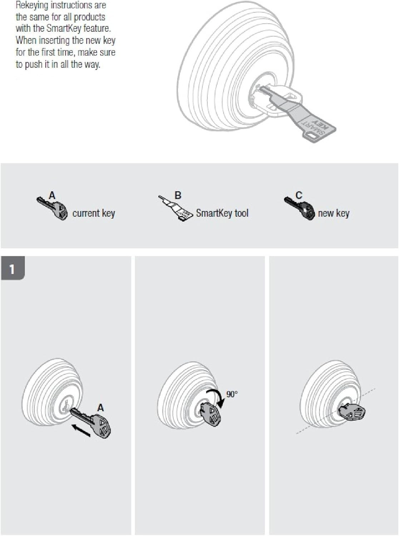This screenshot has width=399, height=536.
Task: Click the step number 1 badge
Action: click(x=13, y=268)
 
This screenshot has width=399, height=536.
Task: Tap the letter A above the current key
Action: click(x=52, y=195)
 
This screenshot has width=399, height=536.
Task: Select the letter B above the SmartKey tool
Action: click(x=178, y=195)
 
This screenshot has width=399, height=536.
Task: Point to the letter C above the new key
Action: click(x=299, y=195)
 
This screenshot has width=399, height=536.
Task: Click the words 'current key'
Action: click(x=94, y=213)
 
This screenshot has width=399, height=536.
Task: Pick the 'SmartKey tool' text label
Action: click(x=222, y=213)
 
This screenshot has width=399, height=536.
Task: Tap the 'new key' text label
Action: click(x=334, y=213)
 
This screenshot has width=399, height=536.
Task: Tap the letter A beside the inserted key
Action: click(x=100, y=408)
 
